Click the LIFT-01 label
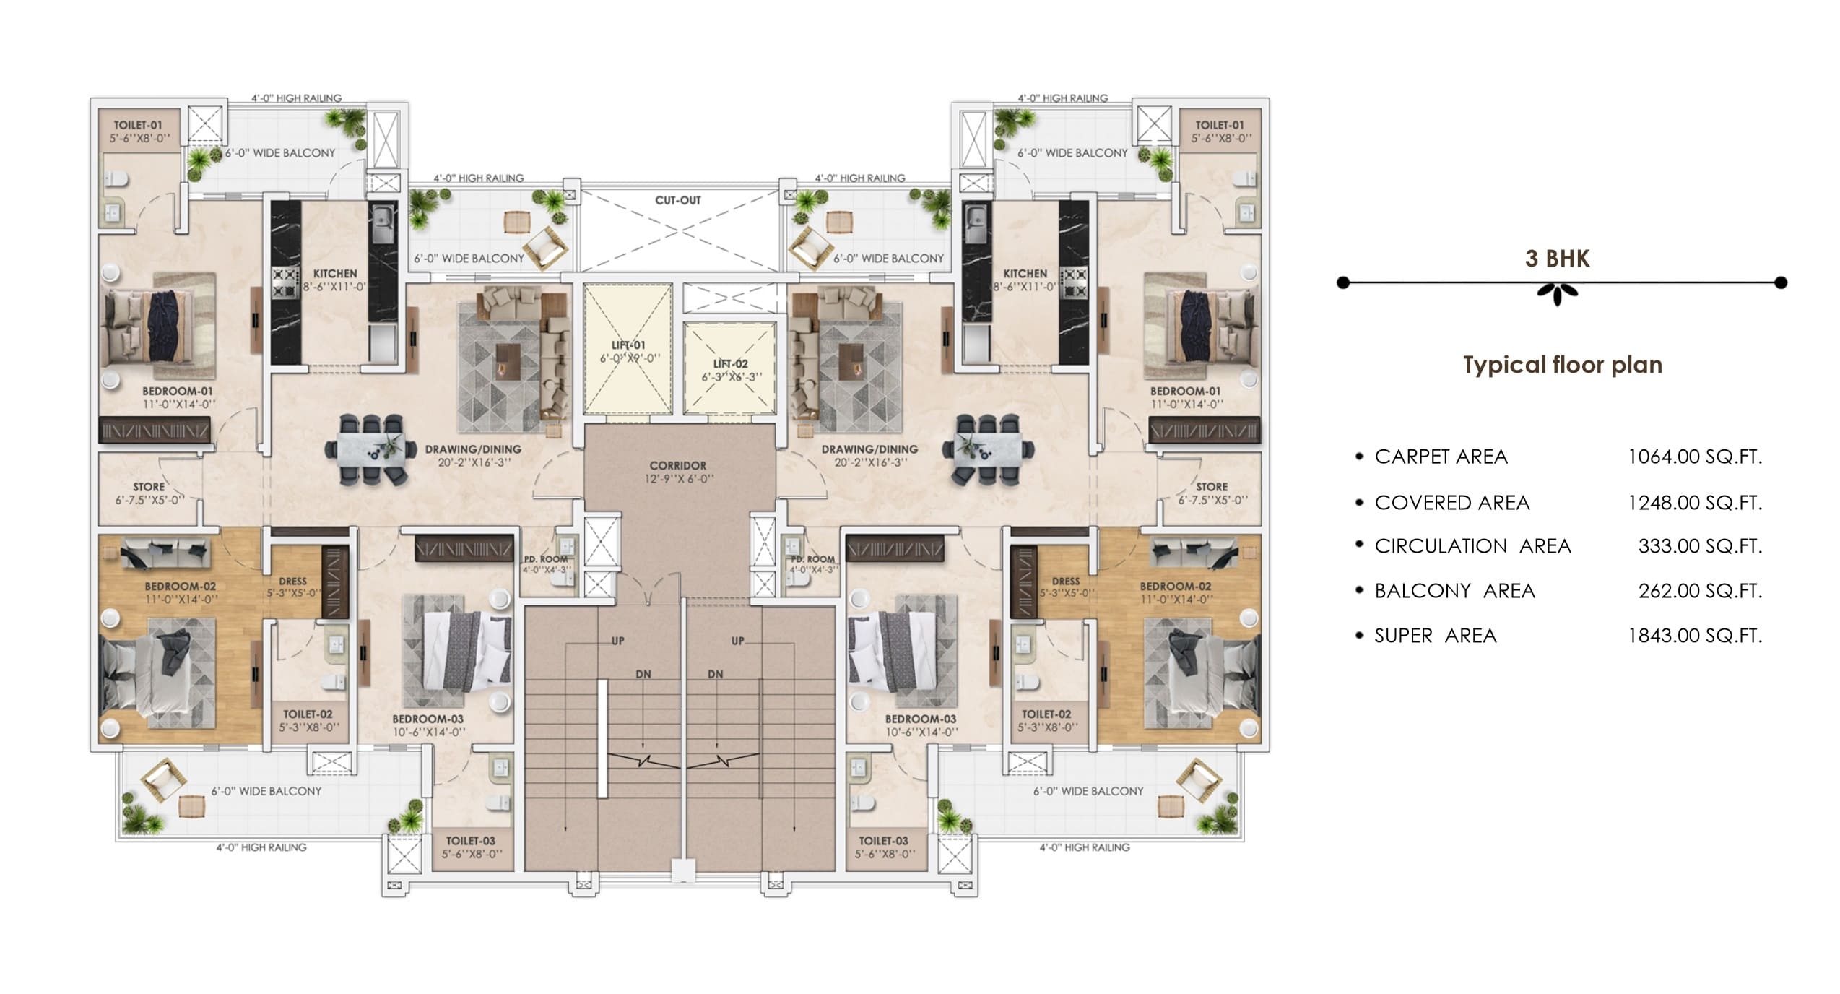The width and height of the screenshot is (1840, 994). click(628, 345)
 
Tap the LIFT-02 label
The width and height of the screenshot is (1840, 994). click(730, 364)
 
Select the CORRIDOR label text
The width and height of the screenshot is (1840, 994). click(677, 466)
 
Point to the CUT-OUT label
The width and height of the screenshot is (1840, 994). click(677, 200)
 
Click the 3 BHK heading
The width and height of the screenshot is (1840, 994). click(1557, 259)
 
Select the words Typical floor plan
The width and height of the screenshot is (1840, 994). click(1563, 365)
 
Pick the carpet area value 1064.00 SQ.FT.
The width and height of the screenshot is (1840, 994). click(1695, 457)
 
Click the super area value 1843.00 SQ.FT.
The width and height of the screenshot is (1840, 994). click(1695, 636)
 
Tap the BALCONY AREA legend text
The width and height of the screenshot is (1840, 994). click(1454, 591)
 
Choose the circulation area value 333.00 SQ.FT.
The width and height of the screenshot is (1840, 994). click(1700, 546)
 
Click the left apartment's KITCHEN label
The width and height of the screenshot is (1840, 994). click(335, 274)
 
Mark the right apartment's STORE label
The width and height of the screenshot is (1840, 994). click(1211, 487)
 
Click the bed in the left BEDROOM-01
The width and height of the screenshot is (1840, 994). click(160, 325)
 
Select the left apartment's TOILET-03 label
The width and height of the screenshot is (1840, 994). click(471, 841)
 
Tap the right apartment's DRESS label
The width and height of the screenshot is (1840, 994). click(1066, 582)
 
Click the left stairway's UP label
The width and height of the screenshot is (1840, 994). click(618, 641)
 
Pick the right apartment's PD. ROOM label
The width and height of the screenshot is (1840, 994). click(812, 559)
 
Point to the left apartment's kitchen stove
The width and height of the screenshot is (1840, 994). click(285, 283)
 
